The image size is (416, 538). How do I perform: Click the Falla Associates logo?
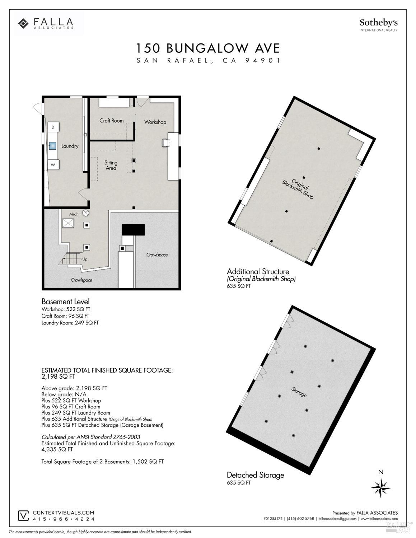pos(46,24)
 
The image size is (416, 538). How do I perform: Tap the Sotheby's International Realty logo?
pos(378,25)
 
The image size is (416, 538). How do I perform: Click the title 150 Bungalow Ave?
pos(208,48)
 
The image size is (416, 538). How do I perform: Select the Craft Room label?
pos(111,121)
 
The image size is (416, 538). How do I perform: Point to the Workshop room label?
pos(155,122)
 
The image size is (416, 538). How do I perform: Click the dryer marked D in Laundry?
pos(53,127)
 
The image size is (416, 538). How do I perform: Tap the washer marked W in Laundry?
pos(53,165)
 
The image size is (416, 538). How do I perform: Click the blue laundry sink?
pos(53,146)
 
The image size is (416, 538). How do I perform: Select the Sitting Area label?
pos(111,165)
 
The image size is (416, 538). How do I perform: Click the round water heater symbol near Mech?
pos(86,213)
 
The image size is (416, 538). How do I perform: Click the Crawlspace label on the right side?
pos(157,255)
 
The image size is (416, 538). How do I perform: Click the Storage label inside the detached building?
pos(299,392)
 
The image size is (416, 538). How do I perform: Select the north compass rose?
pos(380,487)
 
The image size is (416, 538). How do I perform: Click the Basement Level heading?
pos(65,301)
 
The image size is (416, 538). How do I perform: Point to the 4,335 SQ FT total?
pos(57,449)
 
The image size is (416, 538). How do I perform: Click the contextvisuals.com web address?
pos(64,513)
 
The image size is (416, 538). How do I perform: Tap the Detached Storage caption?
pos(255,475)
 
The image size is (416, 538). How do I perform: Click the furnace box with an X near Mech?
pos(68,223)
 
